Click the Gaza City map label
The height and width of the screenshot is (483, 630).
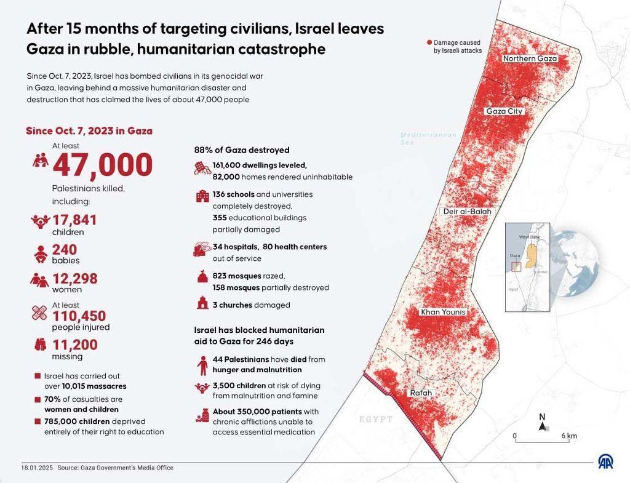(504, 111)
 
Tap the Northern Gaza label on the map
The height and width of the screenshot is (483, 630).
(530, 58)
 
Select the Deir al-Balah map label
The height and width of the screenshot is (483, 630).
(468, 212)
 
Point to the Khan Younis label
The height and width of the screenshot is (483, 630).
(443, 312)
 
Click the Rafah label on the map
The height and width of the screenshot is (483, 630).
(421, 393)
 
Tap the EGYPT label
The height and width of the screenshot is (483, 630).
(376, 419)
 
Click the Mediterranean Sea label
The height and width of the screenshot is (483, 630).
(429, 138)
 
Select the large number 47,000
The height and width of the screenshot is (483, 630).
(102, 165)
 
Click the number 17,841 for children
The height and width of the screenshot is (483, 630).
(74, 220)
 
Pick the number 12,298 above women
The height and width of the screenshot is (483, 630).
(74, 279)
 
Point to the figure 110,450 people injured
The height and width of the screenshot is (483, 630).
(79, 316)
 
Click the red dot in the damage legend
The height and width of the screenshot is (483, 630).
(429, 42)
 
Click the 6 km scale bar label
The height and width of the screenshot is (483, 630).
(568, 436)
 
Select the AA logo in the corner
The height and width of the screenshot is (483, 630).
(606, 461)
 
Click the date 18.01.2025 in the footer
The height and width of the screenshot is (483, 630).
(37, 468)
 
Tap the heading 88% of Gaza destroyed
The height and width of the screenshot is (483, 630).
(242, 150)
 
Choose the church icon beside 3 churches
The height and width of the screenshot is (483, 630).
(202, 303)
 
